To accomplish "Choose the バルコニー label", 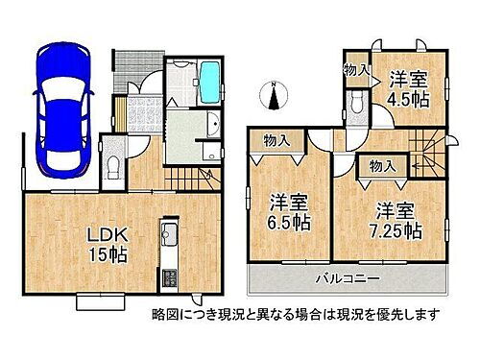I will pos(348,278).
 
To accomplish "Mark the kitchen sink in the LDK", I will pos(170,235).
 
